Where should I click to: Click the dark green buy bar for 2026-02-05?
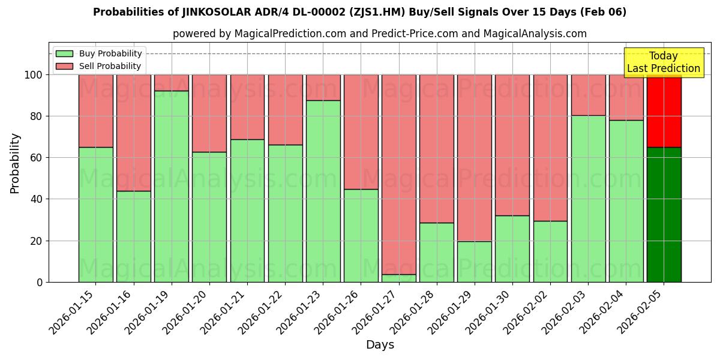pos(664,214)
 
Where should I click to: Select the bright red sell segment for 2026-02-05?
pos(664,111)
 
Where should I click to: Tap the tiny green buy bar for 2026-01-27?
pos(399,278)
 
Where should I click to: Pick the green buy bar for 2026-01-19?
pos(172,186)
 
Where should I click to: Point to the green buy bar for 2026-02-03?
pos(588,198)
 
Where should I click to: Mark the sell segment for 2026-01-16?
pos(134,133)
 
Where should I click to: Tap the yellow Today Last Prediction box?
pos(663,62)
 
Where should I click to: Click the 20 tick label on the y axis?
pos(37,241)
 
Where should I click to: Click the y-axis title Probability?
pos(15,163)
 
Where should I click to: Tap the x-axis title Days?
pos(380,345)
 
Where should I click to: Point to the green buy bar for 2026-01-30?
pos(512,248)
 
